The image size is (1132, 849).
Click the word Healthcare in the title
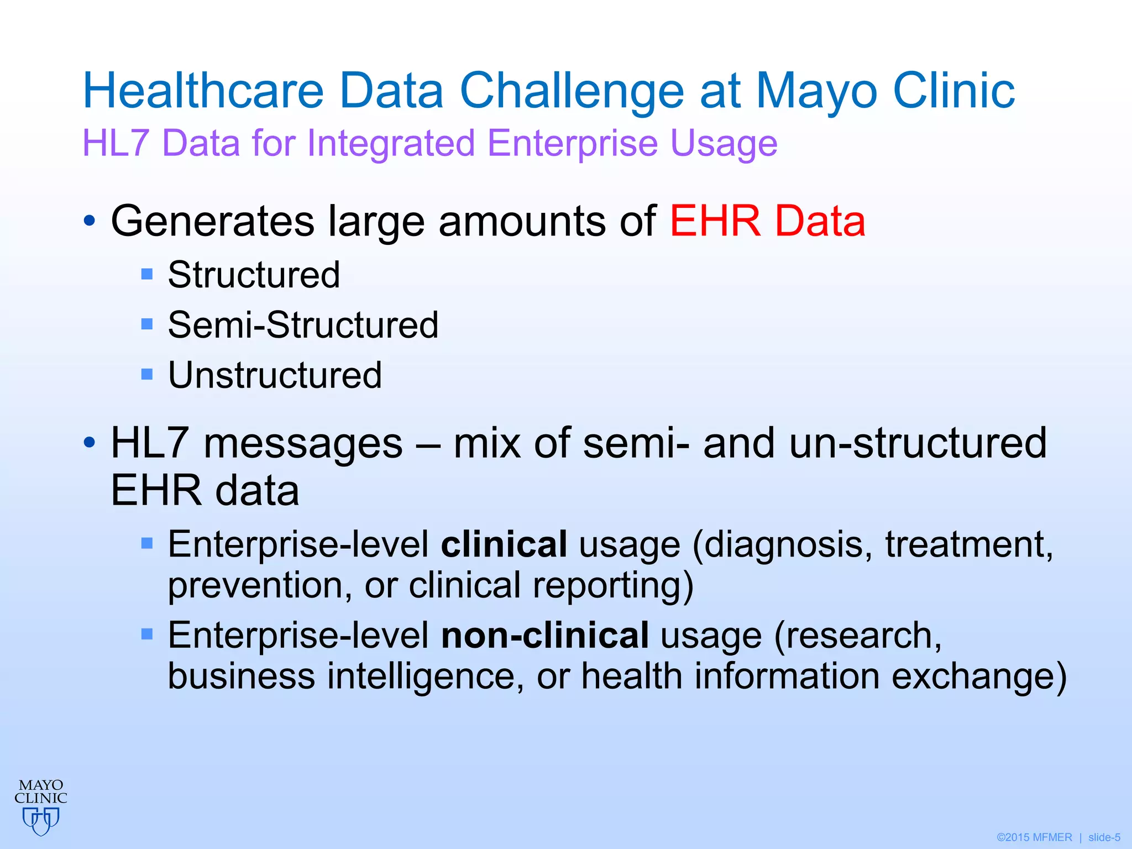tap(203, 91)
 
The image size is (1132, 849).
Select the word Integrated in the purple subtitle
tap(390, 144)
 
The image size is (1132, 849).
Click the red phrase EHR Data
tap(767, 221)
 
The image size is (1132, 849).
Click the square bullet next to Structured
tap(146, 274)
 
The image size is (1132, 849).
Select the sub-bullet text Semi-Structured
tap(303, 324)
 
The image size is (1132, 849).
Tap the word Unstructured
tap(275, 375)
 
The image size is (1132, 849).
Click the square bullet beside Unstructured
tap(146, 375)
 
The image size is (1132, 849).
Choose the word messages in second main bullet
tap(303, 444)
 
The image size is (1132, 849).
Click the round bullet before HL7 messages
tap(90, 443)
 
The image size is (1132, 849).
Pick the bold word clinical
tap(504, 544)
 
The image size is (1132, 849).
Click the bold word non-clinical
tap(544, 636)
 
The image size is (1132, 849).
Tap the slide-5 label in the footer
tap(1104, 837)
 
